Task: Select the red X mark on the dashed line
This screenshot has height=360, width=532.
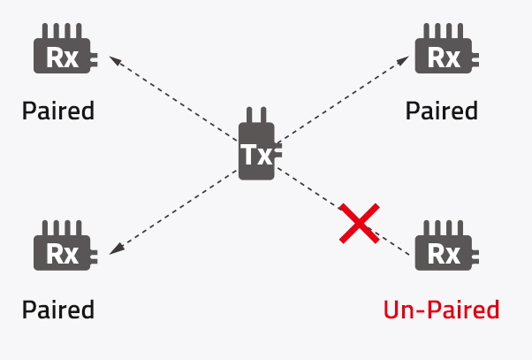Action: coord(360,224)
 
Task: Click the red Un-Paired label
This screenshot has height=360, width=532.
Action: coord(441,310)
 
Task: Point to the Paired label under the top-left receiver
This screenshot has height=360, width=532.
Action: coord(58,111)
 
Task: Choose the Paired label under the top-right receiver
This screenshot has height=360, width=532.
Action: coord(442,111)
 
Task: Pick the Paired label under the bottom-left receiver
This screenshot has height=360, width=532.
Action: coord(58,310)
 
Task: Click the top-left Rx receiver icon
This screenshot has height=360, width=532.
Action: coord(65,49)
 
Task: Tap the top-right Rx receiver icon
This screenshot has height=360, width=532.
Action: coord(447,49)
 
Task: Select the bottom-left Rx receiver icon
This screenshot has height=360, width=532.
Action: coord(65,245)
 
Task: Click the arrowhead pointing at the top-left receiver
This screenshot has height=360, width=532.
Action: coord(116,60)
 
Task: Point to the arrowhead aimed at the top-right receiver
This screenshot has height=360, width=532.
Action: coord(403,61)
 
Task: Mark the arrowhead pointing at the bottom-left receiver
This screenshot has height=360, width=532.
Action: coord(117,249)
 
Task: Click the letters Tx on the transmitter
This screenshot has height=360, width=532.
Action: coord(256,155)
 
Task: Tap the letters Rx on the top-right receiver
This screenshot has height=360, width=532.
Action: coord(444,57)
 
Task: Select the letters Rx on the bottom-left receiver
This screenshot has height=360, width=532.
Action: coord(63,254)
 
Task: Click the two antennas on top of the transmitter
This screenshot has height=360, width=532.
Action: coord(256,115)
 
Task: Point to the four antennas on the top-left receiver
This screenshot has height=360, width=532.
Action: coord(62,31)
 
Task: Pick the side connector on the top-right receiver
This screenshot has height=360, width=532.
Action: coord(475,59)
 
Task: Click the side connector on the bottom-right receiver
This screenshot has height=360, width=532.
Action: coord(475,257)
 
